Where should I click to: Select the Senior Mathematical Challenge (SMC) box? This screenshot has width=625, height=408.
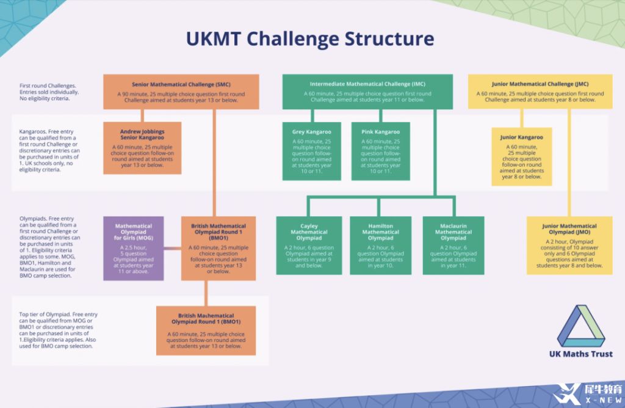pos(181,92)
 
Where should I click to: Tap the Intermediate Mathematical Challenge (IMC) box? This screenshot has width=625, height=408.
pos(367,92)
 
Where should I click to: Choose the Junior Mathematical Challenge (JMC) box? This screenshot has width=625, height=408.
pos(540,92)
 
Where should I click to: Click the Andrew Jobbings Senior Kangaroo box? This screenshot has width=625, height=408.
pos(142,148)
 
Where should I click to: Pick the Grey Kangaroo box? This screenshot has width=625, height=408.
pos(311,151)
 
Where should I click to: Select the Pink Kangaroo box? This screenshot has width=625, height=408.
pos(380,151)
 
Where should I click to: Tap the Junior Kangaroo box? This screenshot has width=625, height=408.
pos(521,156)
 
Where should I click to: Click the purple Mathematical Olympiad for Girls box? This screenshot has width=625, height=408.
pos(133,247)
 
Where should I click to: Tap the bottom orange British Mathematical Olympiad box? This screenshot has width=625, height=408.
pos(206,330)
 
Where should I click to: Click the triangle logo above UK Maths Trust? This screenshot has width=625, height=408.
pos(580,326)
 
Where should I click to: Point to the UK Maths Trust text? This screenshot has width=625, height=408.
pos(580,354)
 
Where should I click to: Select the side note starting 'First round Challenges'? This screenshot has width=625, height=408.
pos(49,92)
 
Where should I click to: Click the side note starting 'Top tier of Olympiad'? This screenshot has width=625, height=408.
pos(58,330)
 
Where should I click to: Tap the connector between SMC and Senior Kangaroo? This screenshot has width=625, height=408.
pos(142,115)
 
